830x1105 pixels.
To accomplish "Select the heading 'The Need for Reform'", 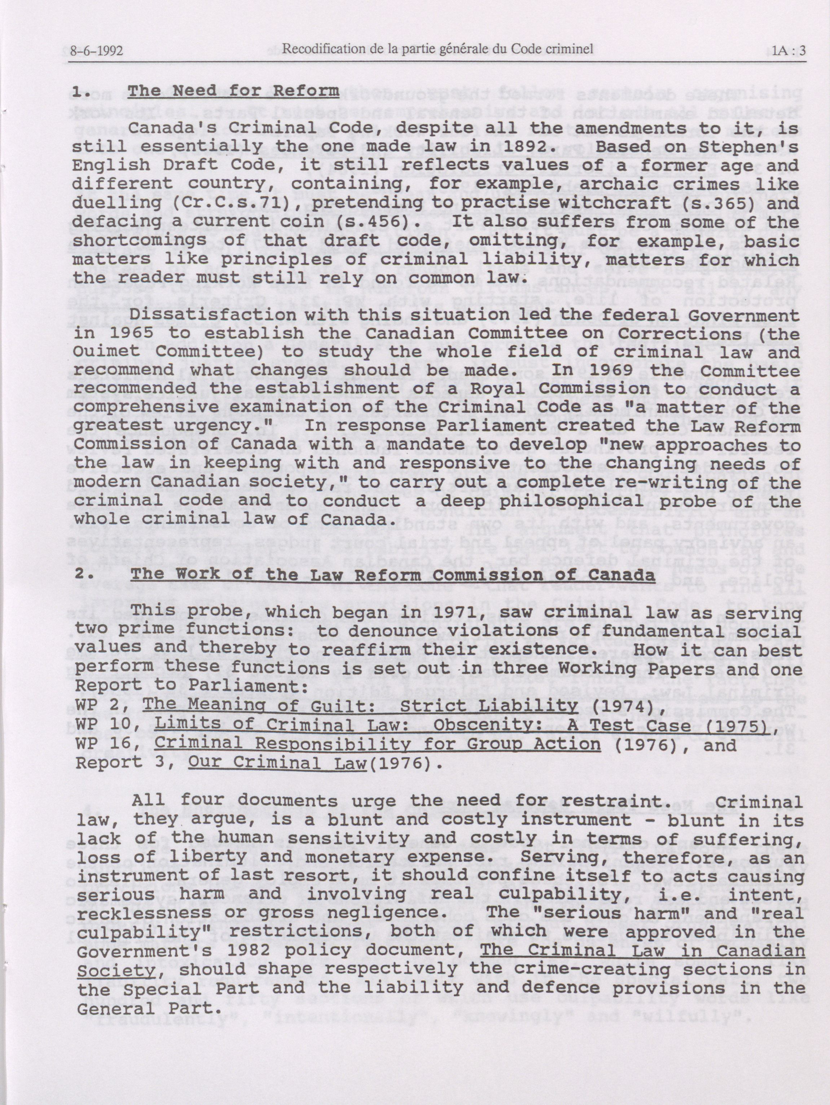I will click(233, 91).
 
